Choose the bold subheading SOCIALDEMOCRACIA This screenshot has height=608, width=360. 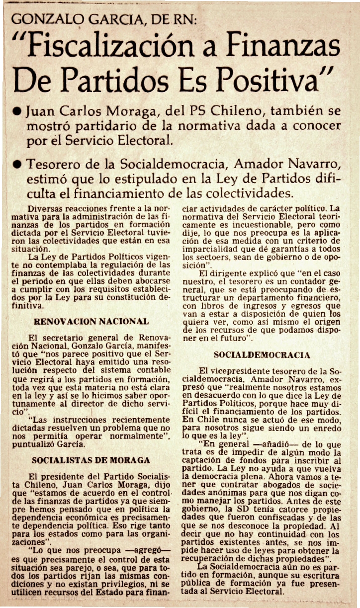[262, 355]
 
